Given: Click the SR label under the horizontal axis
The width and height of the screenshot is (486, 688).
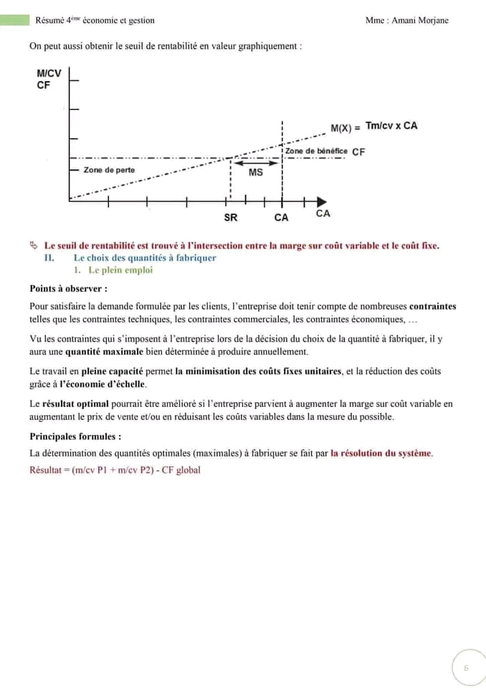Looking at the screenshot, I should [231, 217].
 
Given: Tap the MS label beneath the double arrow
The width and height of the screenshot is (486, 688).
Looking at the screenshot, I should [255, 173].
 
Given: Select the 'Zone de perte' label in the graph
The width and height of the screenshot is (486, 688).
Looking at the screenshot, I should [109, 170].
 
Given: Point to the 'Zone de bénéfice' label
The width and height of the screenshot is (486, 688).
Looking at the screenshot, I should [316, 151].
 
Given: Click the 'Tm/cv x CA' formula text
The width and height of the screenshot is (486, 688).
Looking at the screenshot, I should [391, 126].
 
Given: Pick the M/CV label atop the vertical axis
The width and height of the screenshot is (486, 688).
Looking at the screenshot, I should [49, 73].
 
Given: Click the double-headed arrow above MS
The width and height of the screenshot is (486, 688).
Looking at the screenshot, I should [256, 163].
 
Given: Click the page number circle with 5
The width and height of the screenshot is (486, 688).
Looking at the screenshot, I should [466, 667].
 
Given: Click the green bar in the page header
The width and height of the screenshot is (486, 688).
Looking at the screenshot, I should [15, 20].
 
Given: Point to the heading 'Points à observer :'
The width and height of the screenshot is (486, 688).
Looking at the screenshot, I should [68, 289].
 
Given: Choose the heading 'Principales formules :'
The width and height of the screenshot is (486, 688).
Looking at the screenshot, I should [75, 436].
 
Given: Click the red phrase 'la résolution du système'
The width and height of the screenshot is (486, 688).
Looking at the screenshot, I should [381, 453].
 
